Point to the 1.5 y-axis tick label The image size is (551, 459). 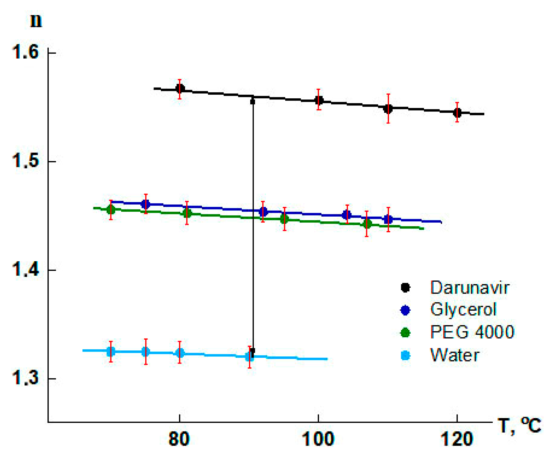(x=25, y=161)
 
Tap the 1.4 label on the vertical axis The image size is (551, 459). (x=25, y=269)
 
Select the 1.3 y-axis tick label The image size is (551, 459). (x=25, y=378)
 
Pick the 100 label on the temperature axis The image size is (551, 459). (x=318, y=439)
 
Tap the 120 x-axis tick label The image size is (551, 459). (x=457, y=439)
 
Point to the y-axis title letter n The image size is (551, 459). (x=36, y=21)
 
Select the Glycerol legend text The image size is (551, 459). (x=463, y=310)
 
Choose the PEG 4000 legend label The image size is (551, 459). (x=472, y=332)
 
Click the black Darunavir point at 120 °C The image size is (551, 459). (x=457, y=113)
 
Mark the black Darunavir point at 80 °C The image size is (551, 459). (x=180, y=89)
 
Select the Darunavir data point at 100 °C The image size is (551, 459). (x=319, y=100)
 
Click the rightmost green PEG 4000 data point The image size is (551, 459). (x=367, y=224)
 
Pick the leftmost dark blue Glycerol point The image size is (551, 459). (x=146, y=204)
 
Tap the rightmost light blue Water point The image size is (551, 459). (x=250, y=356)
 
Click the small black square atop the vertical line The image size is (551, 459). (x=252, y=102)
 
